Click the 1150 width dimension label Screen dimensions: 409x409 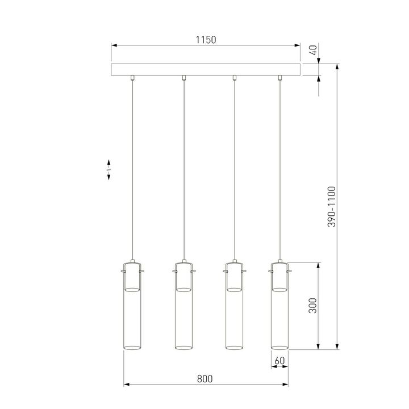(x=206, y=40)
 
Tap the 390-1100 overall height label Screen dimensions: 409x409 (x=331, y=207)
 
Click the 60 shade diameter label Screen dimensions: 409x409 (x=279, y=360)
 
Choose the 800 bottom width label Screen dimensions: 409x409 (x=206, y=378)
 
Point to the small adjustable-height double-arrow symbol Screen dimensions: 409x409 (x=108, y=170)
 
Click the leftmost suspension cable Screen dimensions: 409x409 (x=132, y=170)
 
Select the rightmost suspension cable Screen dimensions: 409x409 (x=279, y=170)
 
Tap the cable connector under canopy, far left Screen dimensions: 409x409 (x=132, y=78)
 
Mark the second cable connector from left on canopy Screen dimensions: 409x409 (x=183, y=78)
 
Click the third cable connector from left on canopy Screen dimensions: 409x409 (x=235, y=78)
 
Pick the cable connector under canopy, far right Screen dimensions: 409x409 (x=279, y=78)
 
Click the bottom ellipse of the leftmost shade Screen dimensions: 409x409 (x=132, y=346)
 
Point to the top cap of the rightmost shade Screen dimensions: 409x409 (x=279, y=265)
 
